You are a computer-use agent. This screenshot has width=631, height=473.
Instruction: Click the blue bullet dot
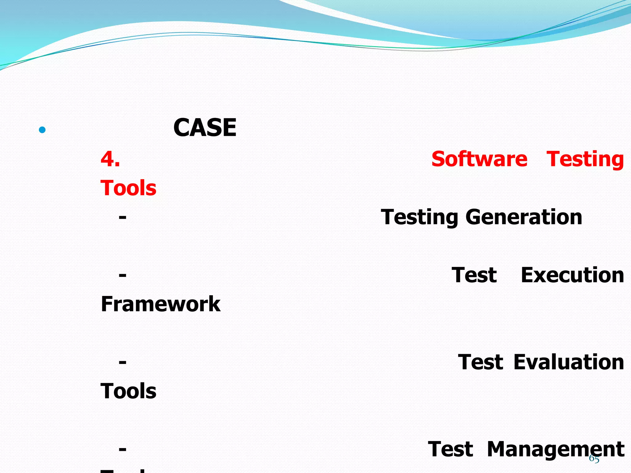coord(42,130)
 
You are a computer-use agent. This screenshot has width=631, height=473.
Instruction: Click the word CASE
coord(205,128)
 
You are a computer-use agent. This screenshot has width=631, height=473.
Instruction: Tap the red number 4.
coord(110,159)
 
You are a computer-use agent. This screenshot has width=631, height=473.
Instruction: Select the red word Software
coord(479,159)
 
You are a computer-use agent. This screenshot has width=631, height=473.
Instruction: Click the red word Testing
coord(585,160)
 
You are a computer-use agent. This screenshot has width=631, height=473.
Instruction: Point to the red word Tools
coord(128,188)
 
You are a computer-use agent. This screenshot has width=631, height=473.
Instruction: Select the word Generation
coord(524,217)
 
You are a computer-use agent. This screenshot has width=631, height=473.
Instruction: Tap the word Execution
coord(572,275)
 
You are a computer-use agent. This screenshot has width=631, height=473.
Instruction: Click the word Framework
coord(161,304)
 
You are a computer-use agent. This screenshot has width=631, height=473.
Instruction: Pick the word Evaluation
coord(569,362)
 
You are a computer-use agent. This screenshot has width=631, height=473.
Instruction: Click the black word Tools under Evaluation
coord(128,391)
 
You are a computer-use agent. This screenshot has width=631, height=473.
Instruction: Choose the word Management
coord(556,449)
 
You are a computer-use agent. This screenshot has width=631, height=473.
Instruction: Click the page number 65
coord(594,459)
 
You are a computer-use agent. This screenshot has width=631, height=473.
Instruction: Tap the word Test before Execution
coord(474,275)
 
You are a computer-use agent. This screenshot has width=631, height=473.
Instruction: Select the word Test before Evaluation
coord(480,362)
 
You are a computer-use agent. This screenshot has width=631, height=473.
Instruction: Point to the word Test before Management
coord(450,449)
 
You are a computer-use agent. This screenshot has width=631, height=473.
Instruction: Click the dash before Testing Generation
coord(123,217)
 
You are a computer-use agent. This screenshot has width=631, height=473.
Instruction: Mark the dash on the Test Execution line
coord(123,275)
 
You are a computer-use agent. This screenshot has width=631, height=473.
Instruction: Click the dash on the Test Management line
coord(123,449)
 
